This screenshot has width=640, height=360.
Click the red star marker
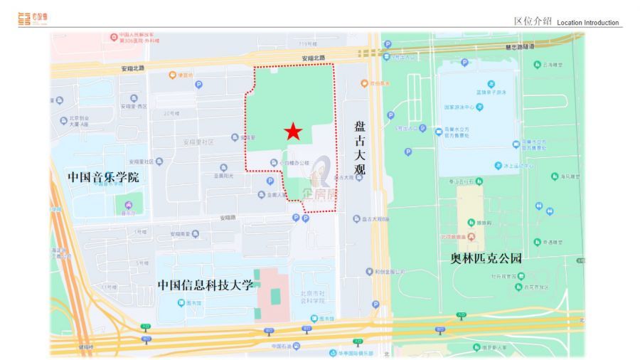(293, 131)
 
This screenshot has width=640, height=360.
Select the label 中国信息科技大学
(206, 285)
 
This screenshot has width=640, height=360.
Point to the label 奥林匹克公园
(487, 257)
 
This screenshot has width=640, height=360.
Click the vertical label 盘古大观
(360, 150)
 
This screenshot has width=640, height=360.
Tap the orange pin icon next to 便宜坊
(171, 75)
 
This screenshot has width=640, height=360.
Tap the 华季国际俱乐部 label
(356, 352)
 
